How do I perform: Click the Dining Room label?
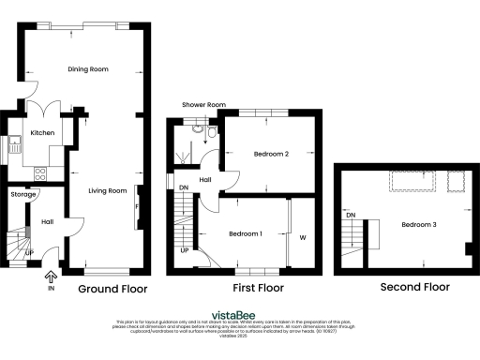(x=88, y=69)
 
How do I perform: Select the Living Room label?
(x=107, y=191)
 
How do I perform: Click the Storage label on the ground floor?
(x=22, y=194)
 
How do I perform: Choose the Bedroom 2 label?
(x=270, y=154)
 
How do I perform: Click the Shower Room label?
(x=204, y=104)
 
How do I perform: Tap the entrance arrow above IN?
(x=51, y=276)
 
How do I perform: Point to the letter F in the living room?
(x=138, y=205)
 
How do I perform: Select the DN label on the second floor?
(x=351, y=216)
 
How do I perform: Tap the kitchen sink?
(x=16, y=144)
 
